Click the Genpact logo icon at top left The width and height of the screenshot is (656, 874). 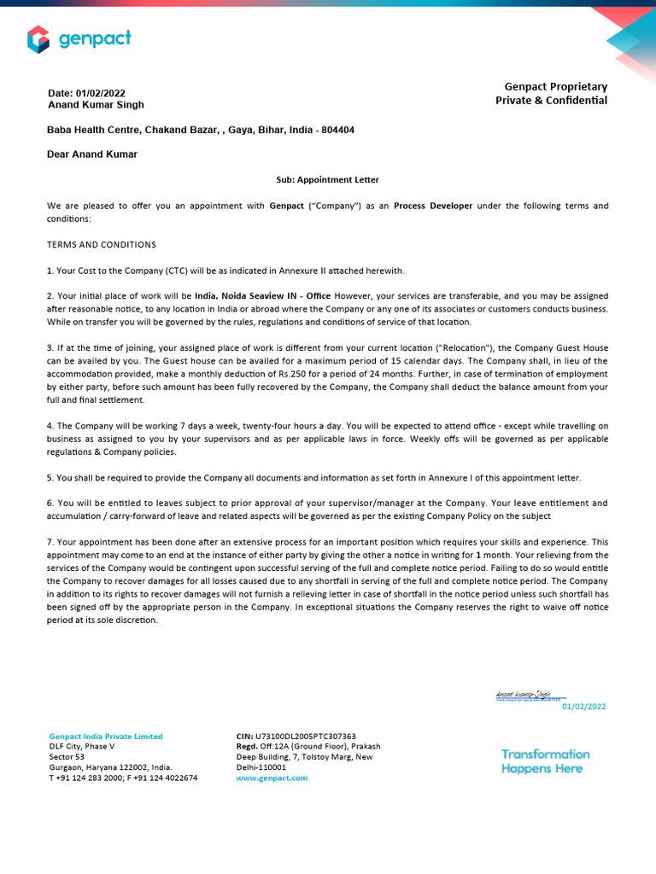[x=38, y=38]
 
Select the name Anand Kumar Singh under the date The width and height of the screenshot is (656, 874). [x=96, y=105]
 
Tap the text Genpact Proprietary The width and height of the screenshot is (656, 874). [x=555, y=87]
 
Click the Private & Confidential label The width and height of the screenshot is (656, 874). [x=551, y=101]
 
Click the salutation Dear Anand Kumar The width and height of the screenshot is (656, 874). [x=91, y=154]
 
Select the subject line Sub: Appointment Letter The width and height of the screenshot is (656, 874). [x=327, y=180]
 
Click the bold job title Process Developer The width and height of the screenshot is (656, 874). [x=433, y=207]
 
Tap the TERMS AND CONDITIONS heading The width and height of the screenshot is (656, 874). [x=102, y=245]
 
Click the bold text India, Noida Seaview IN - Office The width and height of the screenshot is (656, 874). [x=262, y=296]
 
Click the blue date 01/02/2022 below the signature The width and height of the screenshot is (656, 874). [x=583, y=707]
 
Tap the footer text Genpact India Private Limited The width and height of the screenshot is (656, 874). [x=106, y=737]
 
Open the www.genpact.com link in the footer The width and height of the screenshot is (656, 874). [x=272, y=778]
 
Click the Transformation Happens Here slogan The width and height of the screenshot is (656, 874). [x=545, y=761]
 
